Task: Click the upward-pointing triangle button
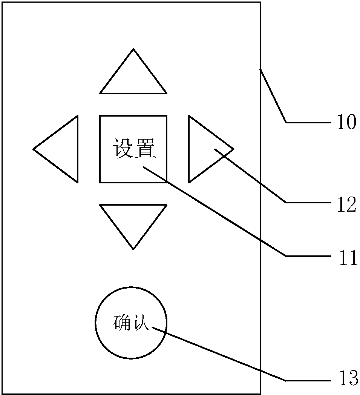(x=133, y=77)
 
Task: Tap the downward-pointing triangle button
(x=133, y=221)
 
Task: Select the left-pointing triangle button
(x=62, y=149)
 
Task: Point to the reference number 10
(x=346, y=122)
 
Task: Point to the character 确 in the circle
(x=122, y=323)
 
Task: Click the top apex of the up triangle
(x=133, y=49)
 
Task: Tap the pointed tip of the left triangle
(x=34, y=149)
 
